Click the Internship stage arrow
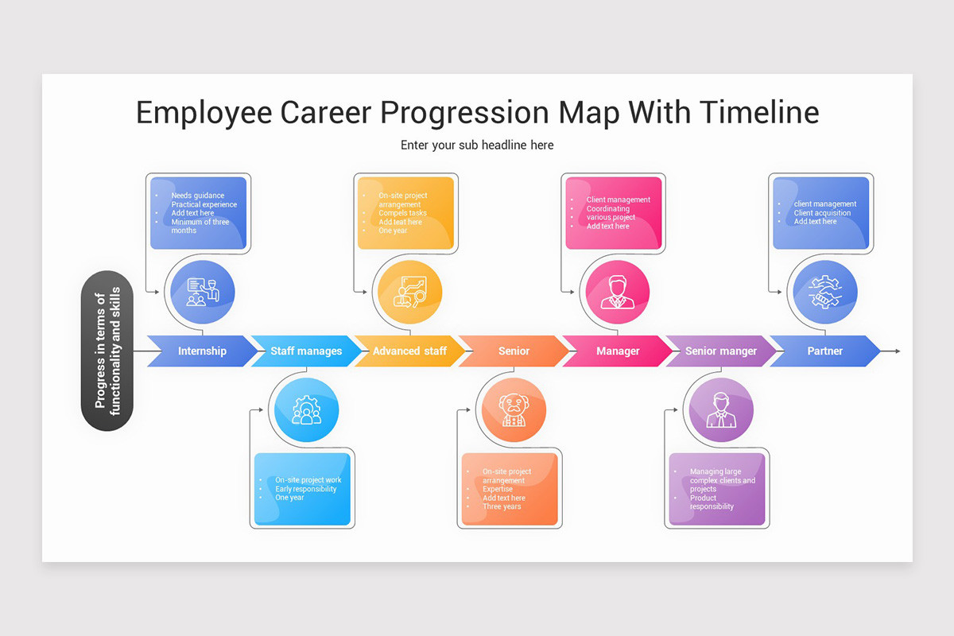point(202,351)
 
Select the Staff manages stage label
point(306,351)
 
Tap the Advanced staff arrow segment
point(409,351)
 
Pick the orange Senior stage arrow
point(514,351)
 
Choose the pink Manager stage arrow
point(618,351)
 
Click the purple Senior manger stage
point(721,351)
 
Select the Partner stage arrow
point(824,351)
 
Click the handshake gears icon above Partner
point(824,293)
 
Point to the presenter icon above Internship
point(202,293)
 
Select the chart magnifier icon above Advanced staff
point(409,293)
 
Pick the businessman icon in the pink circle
point(618,293)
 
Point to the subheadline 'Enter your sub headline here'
point(477,145)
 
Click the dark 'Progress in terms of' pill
point(107,351)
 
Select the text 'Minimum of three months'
point(200,226)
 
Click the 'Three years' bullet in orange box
point(502,506)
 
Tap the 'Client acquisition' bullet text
point(822,213)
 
